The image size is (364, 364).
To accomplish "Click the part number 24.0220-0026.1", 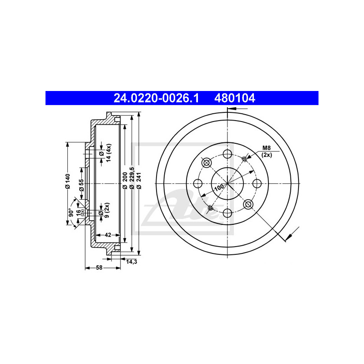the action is coord(156,98).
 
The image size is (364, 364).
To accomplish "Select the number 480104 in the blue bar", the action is coord(235,98).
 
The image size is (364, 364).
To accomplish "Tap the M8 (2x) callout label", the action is coord(267,151).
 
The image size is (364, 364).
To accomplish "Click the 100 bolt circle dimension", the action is coord(219,187).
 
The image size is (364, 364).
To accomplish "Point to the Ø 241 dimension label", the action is coord(139,180).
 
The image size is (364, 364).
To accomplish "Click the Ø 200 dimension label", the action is coord(125,180).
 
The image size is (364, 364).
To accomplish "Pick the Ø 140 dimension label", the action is coord(67,181).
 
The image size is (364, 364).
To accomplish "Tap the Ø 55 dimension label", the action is coord(81,185).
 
